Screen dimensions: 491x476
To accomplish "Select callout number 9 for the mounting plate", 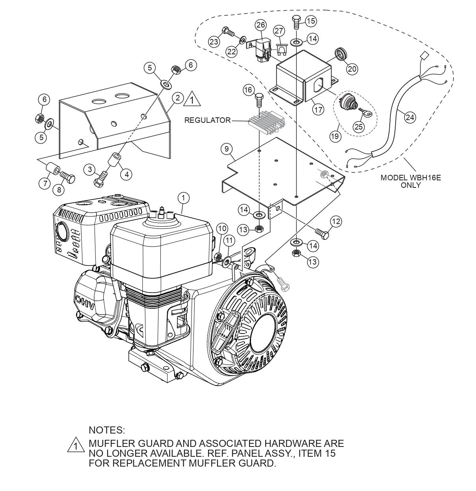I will (227, 149).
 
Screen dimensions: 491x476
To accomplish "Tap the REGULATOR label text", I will (207, 120).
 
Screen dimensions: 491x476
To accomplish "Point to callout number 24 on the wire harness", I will (410, 117).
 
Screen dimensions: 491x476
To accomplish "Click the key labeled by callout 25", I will (366, 114).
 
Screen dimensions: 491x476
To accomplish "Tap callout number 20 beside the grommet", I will (352, 69).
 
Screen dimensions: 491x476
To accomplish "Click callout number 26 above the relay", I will (260, 26).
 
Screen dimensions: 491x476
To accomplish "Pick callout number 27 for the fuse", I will (279, 31).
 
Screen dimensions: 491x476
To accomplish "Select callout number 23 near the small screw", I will (214, 42).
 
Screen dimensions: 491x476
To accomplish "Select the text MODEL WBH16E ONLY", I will (411, 181).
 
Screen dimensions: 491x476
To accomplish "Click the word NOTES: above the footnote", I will (107, 429).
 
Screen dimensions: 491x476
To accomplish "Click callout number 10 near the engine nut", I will (222, 228).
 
